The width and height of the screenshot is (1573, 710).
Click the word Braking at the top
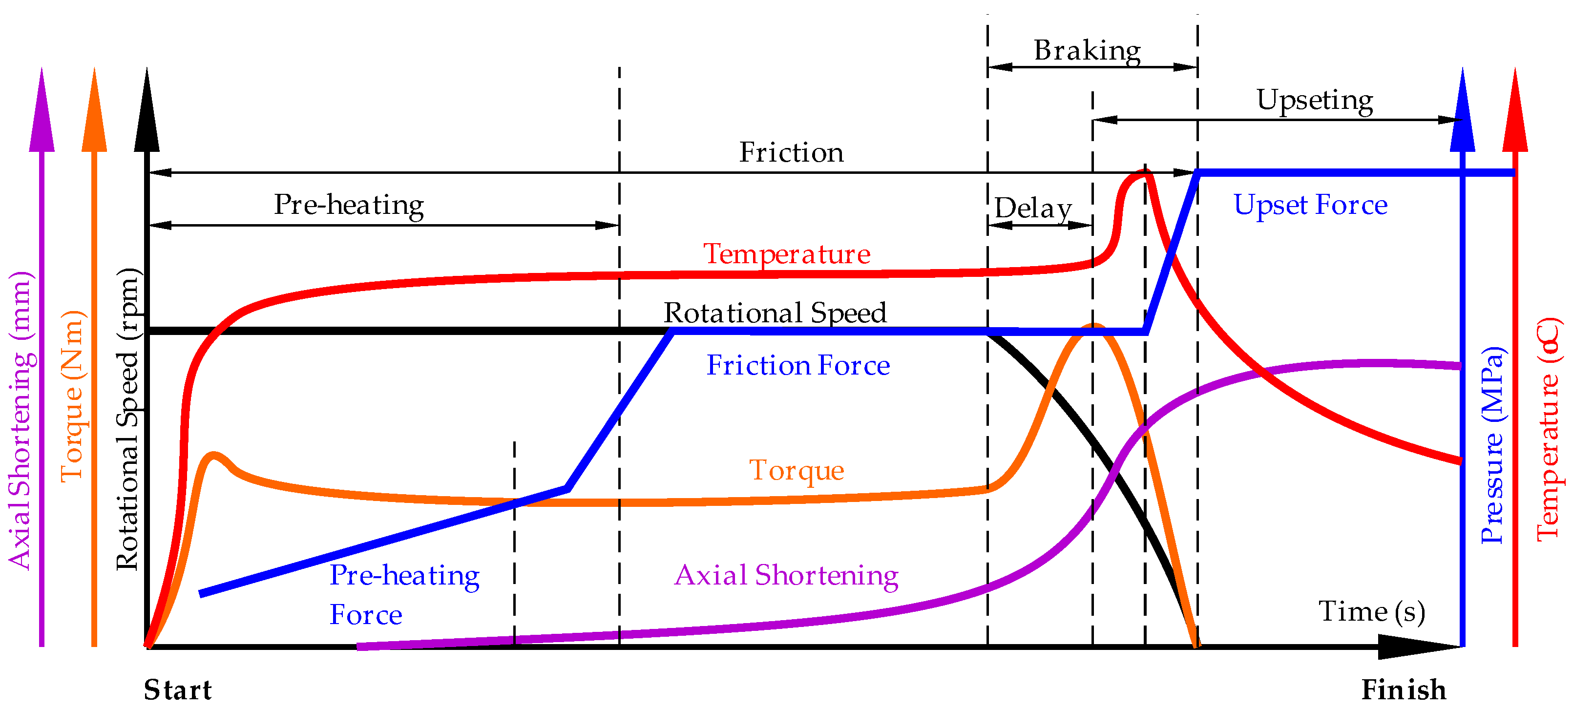click(1087, 50)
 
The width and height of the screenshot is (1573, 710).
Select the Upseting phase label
click(1314, 100)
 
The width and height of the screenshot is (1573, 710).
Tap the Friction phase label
click(792, 152)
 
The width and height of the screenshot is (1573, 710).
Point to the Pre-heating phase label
click(349, 205)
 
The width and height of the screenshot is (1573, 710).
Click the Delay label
click(1032, 208)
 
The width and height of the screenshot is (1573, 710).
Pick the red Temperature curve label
click(786, 253)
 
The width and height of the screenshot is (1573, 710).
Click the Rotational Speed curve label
click(775, 313)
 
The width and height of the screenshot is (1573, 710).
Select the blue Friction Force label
click(798, 365)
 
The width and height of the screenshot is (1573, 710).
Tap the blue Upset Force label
click(1310, 205)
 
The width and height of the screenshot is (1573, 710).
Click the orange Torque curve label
click(797, 470)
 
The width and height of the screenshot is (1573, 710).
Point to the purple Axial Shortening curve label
click(786, 575)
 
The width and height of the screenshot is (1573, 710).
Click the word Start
click(178, 690)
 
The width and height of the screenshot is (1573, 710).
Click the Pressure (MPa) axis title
click(1492, 446)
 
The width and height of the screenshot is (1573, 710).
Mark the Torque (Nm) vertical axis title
click(72, 397)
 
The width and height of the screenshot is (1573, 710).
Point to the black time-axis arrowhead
click(1417, 647)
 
